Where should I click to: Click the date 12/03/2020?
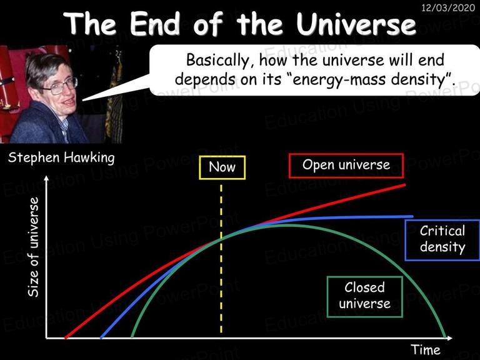(x=448, y=7)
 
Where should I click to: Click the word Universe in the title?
(x=356, y=24)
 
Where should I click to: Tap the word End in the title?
(x=155, y=24)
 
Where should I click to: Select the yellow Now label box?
(x=222, y=167)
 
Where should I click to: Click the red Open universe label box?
(x=346, y=166)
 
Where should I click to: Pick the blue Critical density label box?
(x=442, y=240)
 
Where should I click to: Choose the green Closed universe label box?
(x=364, y=297)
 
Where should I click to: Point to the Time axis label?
(x=425, y=349)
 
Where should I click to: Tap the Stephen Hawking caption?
(x=61, y=157)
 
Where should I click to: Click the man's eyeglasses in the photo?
(x=61, y=86)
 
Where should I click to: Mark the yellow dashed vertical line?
(x=221, y=259)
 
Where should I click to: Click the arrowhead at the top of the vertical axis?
(x=46, y=178)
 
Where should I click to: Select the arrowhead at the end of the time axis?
(x=449, y=338)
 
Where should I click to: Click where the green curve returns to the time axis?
(x=446, y=337)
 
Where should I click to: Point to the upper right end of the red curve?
(x=405, y=184)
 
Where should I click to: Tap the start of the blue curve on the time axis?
(x=101, y=338)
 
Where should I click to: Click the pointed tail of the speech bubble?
(x=83, y=100)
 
